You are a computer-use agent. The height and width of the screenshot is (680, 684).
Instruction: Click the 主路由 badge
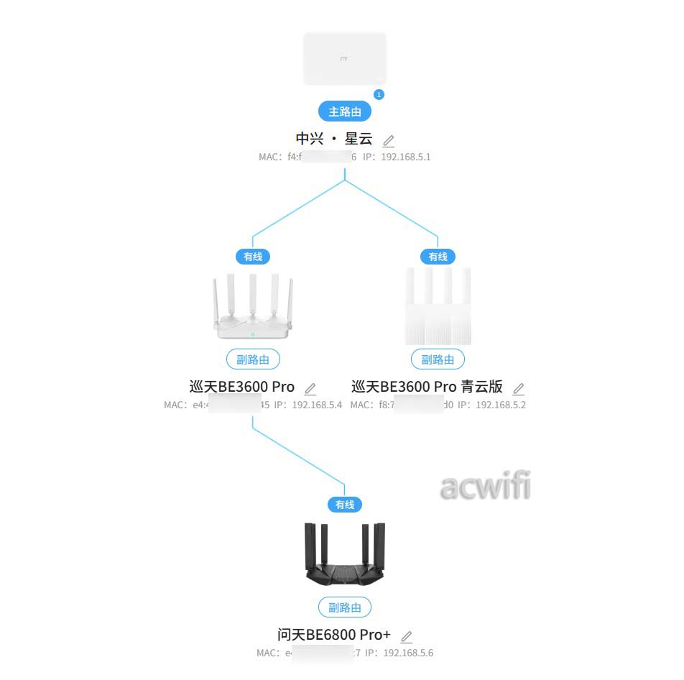[345, 111]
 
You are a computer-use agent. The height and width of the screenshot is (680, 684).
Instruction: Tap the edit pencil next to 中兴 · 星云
[389, 140]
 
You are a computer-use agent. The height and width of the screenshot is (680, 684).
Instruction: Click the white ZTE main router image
[345, 58]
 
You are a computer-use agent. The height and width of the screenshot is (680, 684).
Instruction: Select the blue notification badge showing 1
[379, 94]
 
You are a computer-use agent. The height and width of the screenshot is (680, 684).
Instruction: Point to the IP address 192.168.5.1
[406, 157]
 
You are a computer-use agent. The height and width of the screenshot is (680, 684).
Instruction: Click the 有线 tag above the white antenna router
[253, 257]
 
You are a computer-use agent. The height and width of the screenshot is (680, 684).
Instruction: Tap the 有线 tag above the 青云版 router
[438, 257]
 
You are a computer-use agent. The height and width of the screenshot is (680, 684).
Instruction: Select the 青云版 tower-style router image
[438, 306]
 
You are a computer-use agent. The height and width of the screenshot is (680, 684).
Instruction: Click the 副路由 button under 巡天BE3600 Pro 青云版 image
[438, 359]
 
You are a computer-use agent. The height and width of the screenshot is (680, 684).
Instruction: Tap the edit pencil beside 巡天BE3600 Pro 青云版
[518, 389]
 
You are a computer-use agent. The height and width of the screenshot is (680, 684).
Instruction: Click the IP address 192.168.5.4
[317, 405]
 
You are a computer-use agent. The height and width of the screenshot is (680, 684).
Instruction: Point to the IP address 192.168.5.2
[501, 405]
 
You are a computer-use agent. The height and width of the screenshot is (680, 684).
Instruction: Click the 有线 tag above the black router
[345, 505]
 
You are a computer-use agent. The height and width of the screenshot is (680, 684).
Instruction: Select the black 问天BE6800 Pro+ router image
[345, 555]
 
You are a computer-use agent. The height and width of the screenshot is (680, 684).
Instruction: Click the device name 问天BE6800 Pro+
[334, 635]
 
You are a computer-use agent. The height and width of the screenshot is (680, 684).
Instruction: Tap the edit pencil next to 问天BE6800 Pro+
[407, 636]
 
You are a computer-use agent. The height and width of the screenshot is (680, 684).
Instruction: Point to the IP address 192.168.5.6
[408, 653]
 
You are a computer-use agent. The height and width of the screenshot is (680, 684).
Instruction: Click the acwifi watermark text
[485, 487]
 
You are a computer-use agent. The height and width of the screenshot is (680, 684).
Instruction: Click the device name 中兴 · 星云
[334, 138]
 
